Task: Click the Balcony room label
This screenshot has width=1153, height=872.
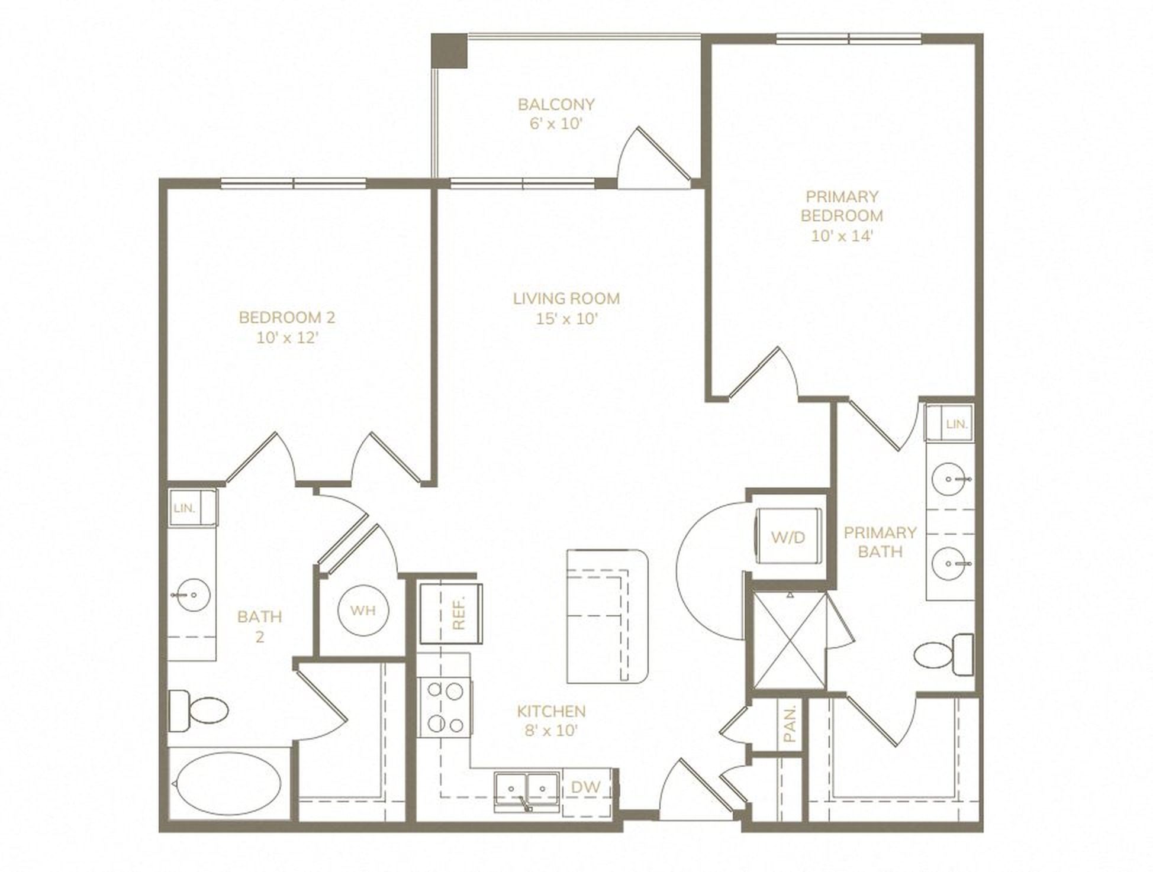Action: click(556, 105)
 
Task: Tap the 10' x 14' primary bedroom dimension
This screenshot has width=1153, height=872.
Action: click(842, 235)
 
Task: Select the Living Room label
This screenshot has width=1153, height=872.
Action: click(566, 299)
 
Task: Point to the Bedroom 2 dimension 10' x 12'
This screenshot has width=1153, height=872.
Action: click(288, 338)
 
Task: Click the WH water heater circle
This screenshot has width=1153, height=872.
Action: click(363, 611)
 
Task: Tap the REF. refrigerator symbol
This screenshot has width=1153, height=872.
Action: click(451, 613)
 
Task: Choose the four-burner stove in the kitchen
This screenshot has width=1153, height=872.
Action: click(446, 708)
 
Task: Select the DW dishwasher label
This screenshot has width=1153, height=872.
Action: click(585, 787)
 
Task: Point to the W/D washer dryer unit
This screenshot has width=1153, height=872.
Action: click(788, 536)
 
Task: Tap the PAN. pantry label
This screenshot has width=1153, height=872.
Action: click(790, 724)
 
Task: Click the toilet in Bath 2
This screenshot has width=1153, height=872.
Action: click(198, 710)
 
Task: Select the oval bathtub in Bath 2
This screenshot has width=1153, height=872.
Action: click(229, 784)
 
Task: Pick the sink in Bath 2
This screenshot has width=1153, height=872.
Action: click(191, 595)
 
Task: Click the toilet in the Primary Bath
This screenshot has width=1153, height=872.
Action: click(943, 654)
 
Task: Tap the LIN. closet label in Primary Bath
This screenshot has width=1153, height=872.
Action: click(956, 424)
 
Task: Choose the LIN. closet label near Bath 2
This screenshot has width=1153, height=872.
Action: click(185, 508)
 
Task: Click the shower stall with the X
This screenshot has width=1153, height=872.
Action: click(788, 640)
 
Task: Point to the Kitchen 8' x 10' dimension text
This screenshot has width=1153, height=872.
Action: click(551, 731)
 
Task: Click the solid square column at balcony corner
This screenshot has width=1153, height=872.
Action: click(449, 51)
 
